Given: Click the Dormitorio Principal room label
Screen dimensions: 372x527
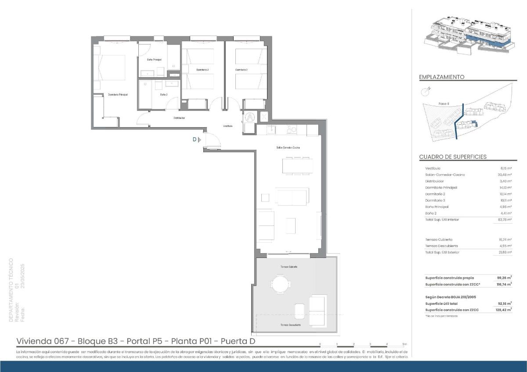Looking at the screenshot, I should pyautogui.click(x=118, y=94).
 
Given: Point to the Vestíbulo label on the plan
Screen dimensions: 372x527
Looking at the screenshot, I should pyautogui.click(x=227, y=126).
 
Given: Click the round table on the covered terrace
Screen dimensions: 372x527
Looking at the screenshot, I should pyautogui.click(x=280, y=283).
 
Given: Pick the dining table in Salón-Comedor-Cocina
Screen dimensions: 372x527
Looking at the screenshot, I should pyautogui.click(x=297, y=165).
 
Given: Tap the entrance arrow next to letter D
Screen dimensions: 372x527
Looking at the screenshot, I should pyautogui.click(x=199, y=139).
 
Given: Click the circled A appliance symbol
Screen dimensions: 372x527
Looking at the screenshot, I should pyautogui.click(x=249, y=117).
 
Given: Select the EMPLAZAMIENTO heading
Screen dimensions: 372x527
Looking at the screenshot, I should pyautogui.click(x=441, y=77).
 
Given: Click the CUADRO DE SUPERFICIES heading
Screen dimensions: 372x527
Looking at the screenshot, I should pyautogui.click(x=452, y=157).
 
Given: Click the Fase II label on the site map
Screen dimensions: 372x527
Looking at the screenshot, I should pyautogui.click(x=444, y=104).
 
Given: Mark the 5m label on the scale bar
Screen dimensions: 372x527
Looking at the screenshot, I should pyautogui.click(x=404, y=344).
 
